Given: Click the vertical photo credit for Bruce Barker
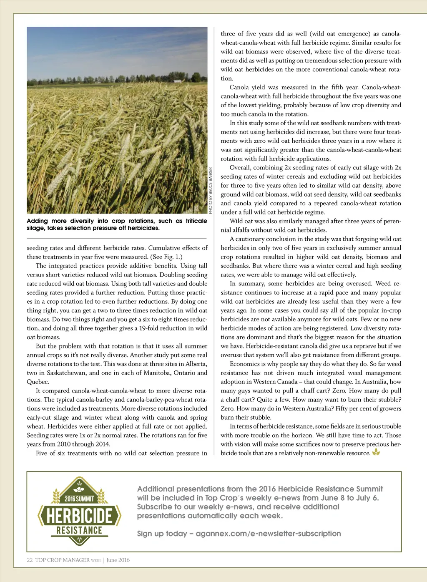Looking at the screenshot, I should pos(211,191).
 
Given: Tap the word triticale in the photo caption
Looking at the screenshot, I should pos(196,221).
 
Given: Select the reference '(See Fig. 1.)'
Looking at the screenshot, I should pos(166,257).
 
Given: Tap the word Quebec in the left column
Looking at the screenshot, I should pos(37,382).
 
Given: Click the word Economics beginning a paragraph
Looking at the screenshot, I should pos(245,364).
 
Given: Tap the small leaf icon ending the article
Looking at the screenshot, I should pos(376,452).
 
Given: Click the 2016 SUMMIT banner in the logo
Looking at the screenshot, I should pos(79,499).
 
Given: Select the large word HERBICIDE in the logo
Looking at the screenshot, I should pos(79,516).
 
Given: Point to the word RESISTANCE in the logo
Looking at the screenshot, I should pos(79,530).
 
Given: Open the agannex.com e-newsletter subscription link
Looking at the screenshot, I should pos(268,534).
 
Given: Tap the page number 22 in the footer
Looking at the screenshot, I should pos(30,560).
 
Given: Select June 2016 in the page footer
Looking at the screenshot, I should pos(118,560).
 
